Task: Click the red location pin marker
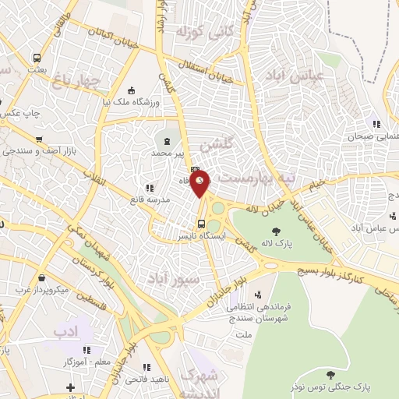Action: coord(200,184)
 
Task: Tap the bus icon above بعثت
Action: coord(37,58)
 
